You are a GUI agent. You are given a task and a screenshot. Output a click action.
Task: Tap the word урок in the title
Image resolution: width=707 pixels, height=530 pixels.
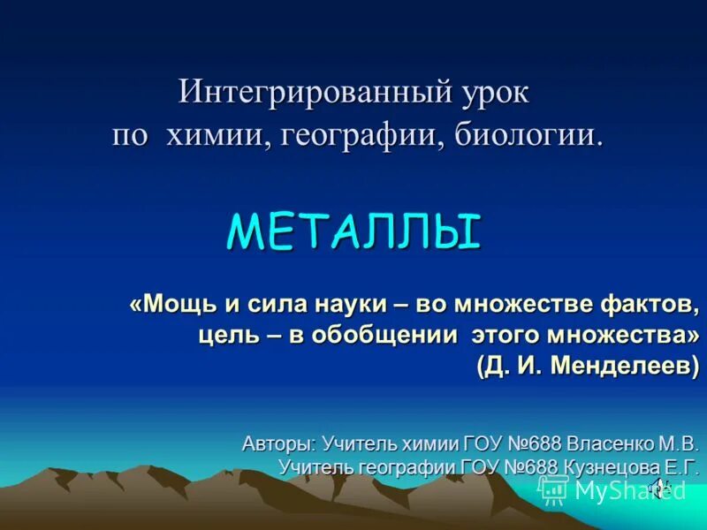tap(491, 93)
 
